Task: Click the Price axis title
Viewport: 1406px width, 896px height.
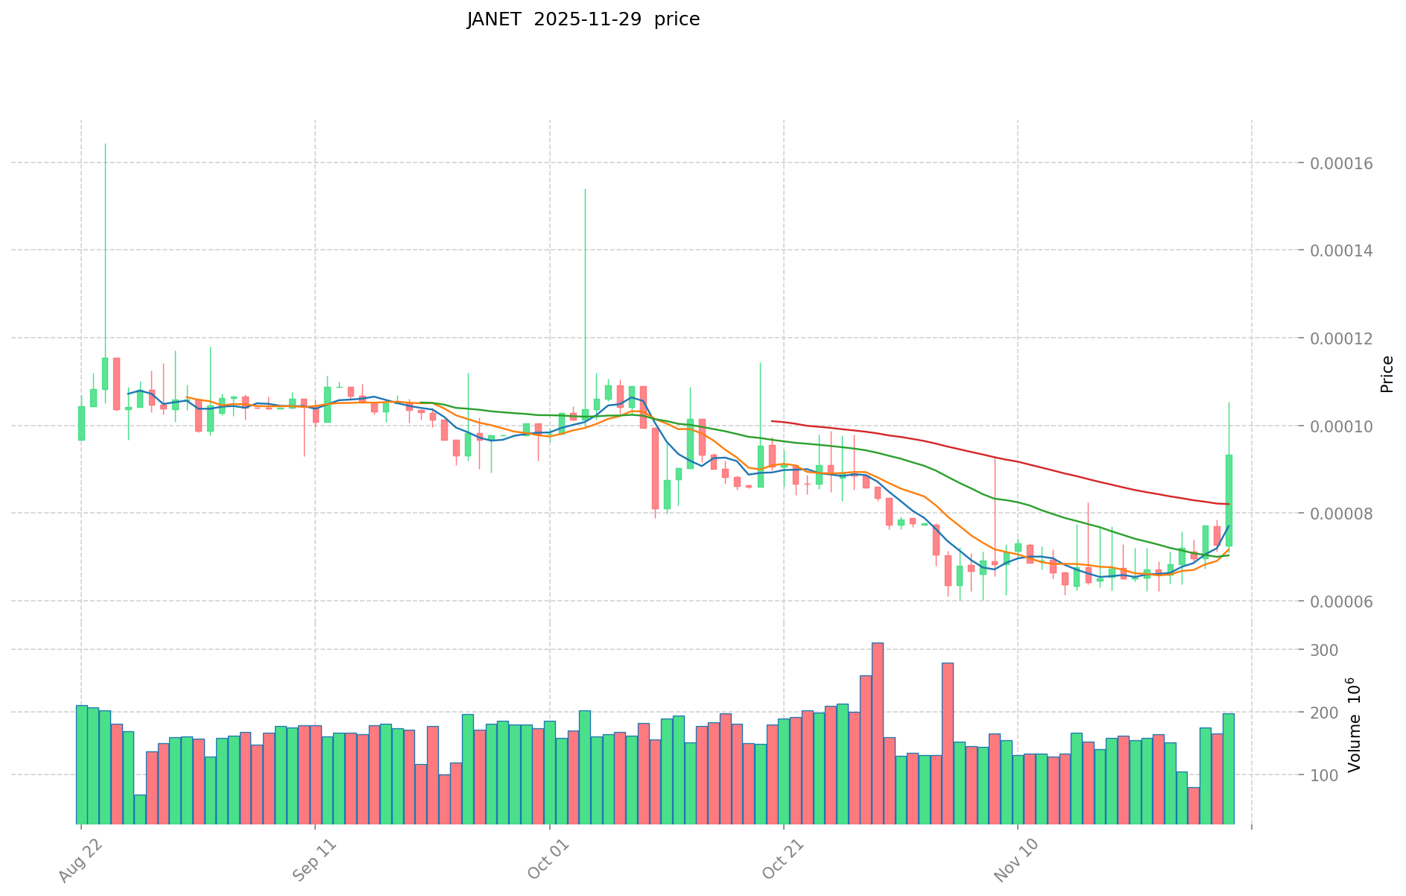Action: click(1386, 374)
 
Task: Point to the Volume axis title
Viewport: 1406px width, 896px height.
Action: click(1355, 725)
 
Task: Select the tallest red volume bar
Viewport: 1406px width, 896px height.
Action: click(878, 733)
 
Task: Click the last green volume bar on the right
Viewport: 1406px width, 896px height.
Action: click(1228, 769)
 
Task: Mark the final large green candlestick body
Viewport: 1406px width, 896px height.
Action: click(1229, 500)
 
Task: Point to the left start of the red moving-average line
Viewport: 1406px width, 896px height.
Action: click(772, 421)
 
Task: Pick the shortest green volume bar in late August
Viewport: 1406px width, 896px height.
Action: click(140, 810)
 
